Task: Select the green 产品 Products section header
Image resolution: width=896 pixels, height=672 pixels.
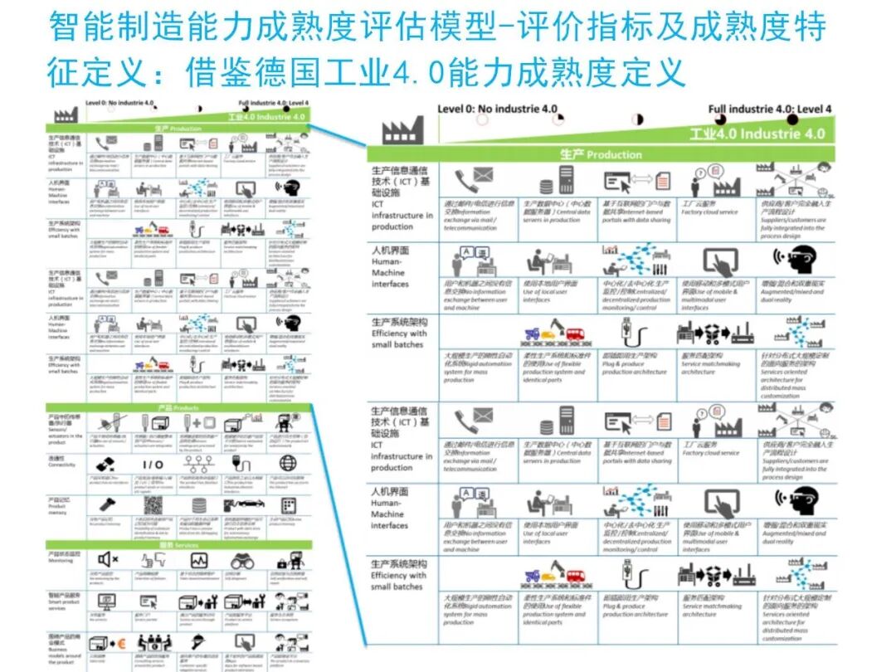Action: tap(178, 408)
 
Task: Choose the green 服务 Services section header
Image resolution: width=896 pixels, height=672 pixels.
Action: tap(178, 544)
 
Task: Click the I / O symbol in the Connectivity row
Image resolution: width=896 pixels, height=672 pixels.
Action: tap(153, 464)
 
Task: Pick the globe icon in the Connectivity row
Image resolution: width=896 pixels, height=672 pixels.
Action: tap(288, 463)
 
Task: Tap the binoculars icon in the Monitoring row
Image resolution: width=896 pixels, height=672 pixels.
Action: tap(242, 561)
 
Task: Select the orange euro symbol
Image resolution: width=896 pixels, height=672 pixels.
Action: tap(121, 641)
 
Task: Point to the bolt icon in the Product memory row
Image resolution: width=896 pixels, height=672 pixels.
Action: tap(108, 504)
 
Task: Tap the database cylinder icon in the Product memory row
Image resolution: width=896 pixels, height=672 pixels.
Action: tap(198, 504)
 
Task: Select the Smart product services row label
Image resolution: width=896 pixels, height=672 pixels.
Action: tap(65, 601)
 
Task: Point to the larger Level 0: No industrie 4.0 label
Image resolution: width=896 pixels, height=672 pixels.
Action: tap(497, 109)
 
